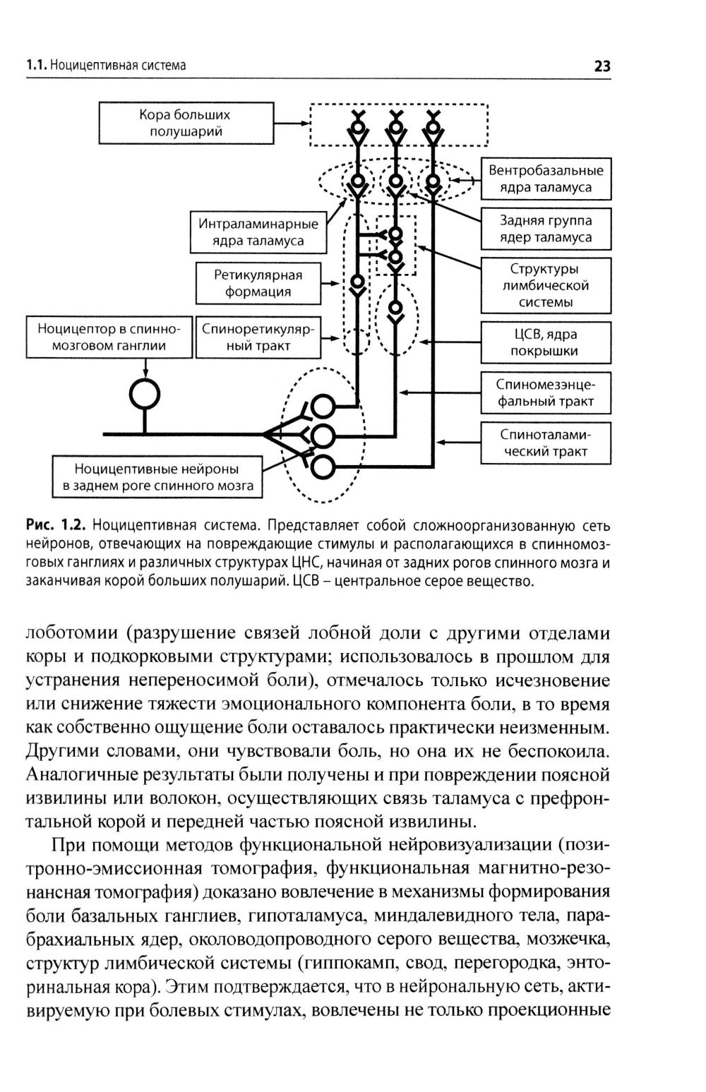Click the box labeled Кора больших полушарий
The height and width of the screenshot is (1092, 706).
pyautogui.click(x=185, y=123)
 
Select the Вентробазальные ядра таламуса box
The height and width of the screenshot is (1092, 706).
pyautogui.click(x=546, y=179)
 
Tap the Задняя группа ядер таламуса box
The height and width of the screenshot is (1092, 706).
pyautogui.click(x=546, y=229)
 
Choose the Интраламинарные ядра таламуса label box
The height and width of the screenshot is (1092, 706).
pyautogui.click(x=258, y=232)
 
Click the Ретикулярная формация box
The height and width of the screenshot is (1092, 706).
pyautogui.click(x=258, y=283)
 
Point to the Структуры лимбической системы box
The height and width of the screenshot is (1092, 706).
pyautogui.click(x=546, y=286)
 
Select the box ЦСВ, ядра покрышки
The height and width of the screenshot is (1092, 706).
pyautogui.click(x=546, y=342)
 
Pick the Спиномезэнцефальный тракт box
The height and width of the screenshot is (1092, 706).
pyautogui.click(x=546, y=393)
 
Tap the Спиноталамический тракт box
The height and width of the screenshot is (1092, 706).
pyautogui.click(x=546, y=443)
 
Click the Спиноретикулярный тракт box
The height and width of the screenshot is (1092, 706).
pyautogui.click(x=258, y=337)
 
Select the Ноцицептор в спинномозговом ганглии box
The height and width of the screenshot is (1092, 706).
pyautogui.click(x=109, y=337)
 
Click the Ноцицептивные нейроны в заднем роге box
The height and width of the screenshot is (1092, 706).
pyautogui.click(x=157, y=477)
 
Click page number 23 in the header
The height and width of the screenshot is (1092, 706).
pyautogui.click(x=602, y=66)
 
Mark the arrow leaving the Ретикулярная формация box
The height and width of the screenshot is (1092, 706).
pyautogui.click(x=330, y=283)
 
